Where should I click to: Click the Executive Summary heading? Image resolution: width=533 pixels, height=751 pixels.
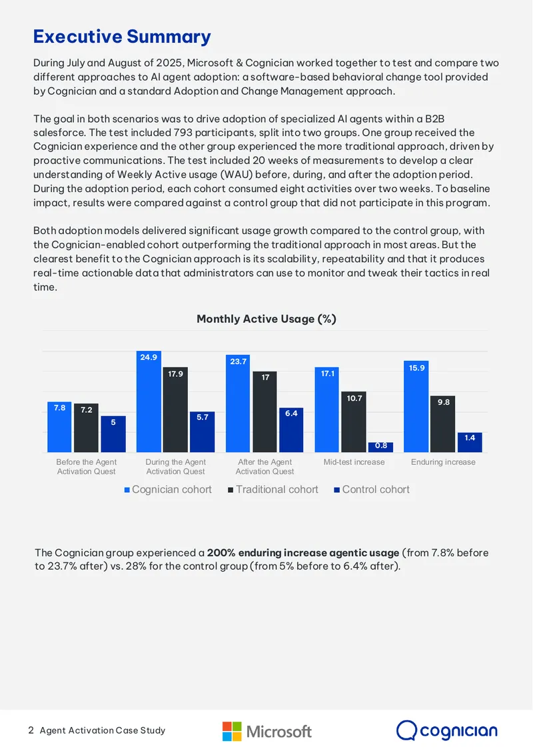coord(122,37)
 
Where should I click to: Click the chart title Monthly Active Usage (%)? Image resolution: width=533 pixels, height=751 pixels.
coord(266,319)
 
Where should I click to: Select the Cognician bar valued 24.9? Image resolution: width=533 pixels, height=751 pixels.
coord(149,402)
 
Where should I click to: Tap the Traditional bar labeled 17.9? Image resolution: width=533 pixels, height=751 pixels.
coord(175,410)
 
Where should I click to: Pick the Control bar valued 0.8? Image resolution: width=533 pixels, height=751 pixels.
coord(381,448)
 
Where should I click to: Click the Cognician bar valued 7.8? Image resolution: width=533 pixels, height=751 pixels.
coord(59,427)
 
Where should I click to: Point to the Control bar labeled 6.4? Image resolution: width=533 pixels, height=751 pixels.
coord(291,430)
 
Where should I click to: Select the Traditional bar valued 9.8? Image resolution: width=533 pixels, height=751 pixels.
coord(443,424)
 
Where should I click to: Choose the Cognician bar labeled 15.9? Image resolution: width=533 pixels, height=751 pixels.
coord(416,407)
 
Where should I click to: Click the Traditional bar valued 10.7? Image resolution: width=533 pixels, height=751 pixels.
coord(354,422)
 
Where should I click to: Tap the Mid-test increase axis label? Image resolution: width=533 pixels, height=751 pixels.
coord(354,462)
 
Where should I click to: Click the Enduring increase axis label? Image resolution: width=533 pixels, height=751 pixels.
coord(443,462)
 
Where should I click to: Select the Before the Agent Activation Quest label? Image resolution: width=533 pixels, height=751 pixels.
coord(86,466)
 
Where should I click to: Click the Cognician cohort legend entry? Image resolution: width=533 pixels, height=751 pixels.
coord(168,490)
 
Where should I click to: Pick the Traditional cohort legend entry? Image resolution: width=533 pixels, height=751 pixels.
coord(273,490)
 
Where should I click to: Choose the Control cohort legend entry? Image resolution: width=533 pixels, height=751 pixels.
coord(372,490)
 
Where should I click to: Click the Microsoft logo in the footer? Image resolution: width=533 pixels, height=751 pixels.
coord(267,731)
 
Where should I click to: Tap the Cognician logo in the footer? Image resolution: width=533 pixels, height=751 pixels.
coord(447,731)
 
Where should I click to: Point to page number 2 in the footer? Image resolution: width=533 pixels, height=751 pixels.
coord(31,730)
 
